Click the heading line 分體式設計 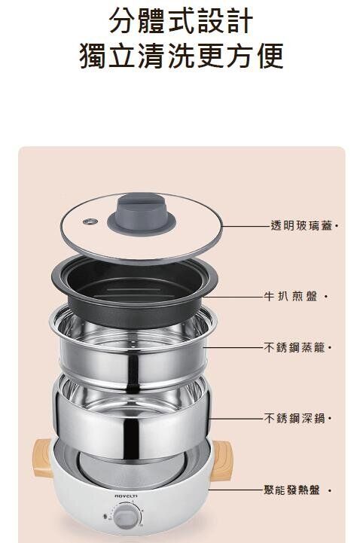tap(181, 21)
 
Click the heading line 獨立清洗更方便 tap(182, 56)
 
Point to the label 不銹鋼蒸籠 tap(294, 347)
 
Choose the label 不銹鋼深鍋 tap(294, 418)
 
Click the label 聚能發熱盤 tap(291, 490)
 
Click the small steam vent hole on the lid tap(90, 221)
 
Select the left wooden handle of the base tap(42, 458)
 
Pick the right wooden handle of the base tap(221, 461)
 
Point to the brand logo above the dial tap(126, 496)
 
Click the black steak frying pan tap(134, 291)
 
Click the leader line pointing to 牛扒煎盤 tap(233, 297)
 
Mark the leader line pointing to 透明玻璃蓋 tap(246, 226)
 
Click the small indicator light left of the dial tap(105, 517)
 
